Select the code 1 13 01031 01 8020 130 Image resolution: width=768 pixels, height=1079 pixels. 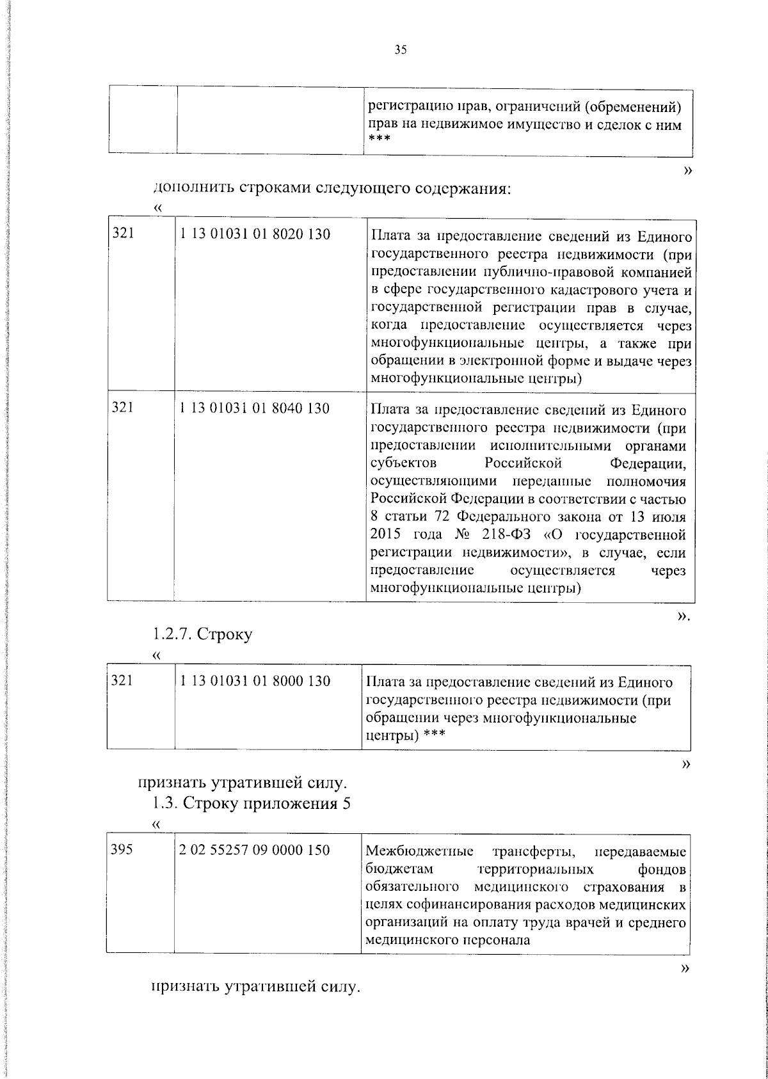(x=255, y=235)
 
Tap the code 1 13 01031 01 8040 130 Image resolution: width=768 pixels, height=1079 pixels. (x=255, y=408)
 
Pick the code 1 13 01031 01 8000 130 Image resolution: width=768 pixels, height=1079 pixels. (x=255, y=681)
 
